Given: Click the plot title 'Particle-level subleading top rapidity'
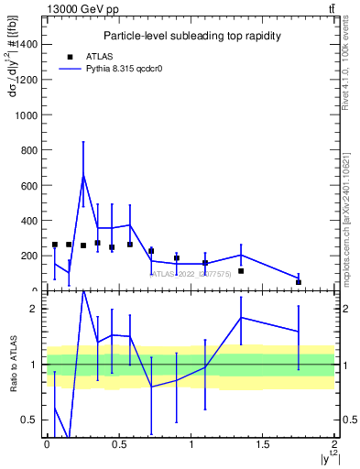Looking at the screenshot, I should pos(191,36).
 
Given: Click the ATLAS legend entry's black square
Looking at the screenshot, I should pos(71,56).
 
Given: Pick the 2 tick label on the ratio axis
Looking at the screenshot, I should pos(35,310).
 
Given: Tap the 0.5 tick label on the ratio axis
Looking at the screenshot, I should pos(31,420).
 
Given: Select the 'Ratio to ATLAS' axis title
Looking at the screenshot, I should pos(12,365).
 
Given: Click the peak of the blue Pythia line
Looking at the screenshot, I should pos(83,175).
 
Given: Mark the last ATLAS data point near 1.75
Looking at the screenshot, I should pos(299,282).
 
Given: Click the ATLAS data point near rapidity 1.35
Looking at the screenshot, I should pos(241,271).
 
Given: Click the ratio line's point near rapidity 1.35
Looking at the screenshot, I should pos(241,317).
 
